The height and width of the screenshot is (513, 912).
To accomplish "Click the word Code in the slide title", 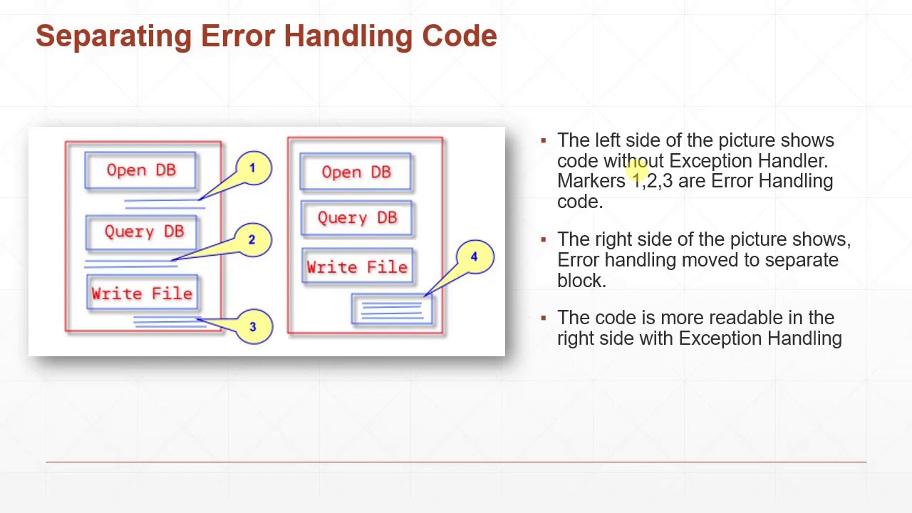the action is tap(460, 36).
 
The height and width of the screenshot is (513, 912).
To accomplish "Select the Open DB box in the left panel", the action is tap(140, 170).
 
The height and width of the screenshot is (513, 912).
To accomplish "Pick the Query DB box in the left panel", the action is tap(142, 232).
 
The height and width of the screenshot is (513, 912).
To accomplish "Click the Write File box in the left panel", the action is tap(142, 292).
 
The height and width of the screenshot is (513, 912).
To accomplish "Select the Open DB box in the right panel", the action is tap(356, 172).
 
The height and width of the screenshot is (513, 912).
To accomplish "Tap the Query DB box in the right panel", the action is tap(357, 218).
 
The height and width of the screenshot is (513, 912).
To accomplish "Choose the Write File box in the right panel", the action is tap(358, 266).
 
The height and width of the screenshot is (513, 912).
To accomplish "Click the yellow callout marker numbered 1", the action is tap(253, 168).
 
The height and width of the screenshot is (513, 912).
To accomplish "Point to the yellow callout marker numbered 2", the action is tap(252, 240).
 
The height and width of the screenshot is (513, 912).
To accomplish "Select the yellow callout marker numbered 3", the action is tap(253, 326).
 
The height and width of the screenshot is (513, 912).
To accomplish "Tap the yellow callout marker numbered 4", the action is tap(475, 257).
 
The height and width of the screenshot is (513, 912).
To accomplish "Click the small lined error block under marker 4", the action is tap(392, 309).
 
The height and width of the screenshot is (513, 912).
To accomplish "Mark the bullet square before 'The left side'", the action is tap(544, 141).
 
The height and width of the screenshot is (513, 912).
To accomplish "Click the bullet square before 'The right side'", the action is tap(544, 239).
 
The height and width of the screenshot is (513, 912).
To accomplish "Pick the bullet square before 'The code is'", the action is tap(544, 318).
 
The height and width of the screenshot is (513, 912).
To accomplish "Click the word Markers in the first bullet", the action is tap(591, 181).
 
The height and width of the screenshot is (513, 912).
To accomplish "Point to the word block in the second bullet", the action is tap(581, 280).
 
